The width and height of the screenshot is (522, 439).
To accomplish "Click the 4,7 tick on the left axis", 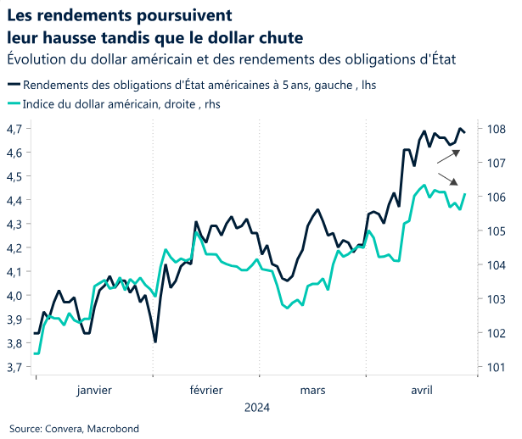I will [x=16, y=129].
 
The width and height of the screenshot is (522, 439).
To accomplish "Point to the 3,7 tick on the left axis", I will [x=16, y=367].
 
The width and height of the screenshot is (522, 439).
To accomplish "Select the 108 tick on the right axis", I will [x=497, y=129].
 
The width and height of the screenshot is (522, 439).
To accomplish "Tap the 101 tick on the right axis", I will [x=497, y=367].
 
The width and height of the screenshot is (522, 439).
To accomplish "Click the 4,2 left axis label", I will [x=16, y=248].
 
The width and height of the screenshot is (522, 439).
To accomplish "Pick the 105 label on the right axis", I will [x=497, y=231].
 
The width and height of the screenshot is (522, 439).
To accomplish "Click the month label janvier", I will [x=94, y=390].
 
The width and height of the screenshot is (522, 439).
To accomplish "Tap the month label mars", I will [x=312, y=390].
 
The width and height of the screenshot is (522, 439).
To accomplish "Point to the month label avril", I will [x=422, y=390].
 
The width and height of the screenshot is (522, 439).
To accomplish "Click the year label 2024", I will [x=257, y=408].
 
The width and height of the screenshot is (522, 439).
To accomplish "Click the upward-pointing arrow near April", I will [x=449, y=156].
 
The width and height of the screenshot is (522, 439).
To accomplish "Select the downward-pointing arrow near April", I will [x=449, y=177].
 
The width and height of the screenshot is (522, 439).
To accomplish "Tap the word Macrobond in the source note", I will [x=111, y=429].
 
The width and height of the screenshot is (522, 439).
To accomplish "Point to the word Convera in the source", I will [x=62, y=429].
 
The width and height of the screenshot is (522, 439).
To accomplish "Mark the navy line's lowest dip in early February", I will [x=155, y=342].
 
